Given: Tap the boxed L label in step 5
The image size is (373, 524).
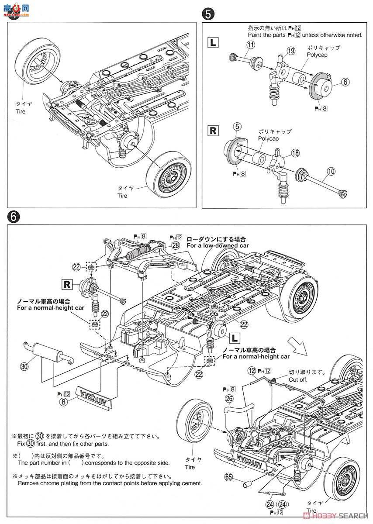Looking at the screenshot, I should point(212,43).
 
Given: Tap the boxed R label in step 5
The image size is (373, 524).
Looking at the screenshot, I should point(212,130).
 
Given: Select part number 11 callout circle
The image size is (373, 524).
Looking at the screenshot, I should point(250,45).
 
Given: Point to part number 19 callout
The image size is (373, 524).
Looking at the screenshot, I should point(291,52).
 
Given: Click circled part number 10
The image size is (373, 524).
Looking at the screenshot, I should point(331,172).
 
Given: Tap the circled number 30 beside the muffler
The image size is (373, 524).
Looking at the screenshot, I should point(24,366).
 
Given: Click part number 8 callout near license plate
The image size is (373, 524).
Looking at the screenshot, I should point(64,402).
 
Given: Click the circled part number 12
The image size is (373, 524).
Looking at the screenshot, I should point(251,370).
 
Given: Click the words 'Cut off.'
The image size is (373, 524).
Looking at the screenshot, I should point(298,379).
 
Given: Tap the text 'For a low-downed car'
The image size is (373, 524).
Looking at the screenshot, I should point(212,245).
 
